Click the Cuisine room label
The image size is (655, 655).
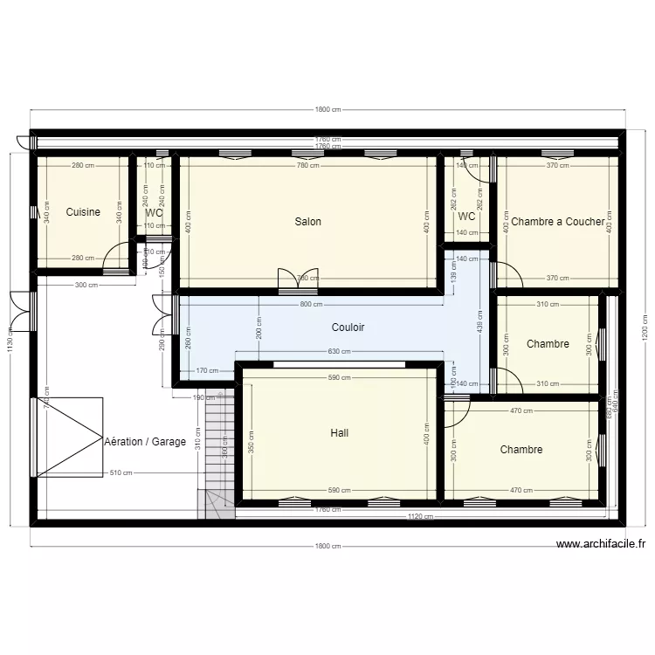[83, 212]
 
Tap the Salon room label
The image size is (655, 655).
[307, 222]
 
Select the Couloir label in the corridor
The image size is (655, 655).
[348, 327]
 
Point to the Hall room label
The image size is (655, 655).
[340, 433]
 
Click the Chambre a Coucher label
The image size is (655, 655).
[556, 222]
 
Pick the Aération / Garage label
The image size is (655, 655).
[145, 442]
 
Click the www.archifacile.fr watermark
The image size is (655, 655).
[600, 544]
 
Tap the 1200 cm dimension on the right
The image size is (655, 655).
[645, 327]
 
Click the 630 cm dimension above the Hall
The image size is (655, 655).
[339, 352]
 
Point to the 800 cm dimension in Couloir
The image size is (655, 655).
[310, 305]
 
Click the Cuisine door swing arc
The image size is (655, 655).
[114, 259]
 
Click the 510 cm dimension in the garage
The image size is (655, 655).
[121, 473]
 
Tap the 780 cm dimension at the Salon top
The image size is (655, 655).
[307, 166]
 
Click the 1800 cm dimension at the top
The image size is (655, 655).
[327, 109]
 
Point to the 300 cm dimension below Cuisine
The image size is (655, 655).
[86, 286]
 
